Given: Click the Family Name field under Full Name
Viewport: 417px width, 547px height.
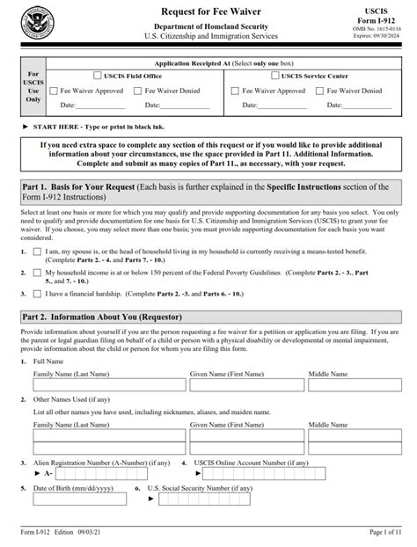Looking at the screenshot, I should coord(108,388).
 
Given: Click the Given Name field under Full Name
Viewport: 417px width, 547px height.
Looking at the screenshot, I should coord(245,388).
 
